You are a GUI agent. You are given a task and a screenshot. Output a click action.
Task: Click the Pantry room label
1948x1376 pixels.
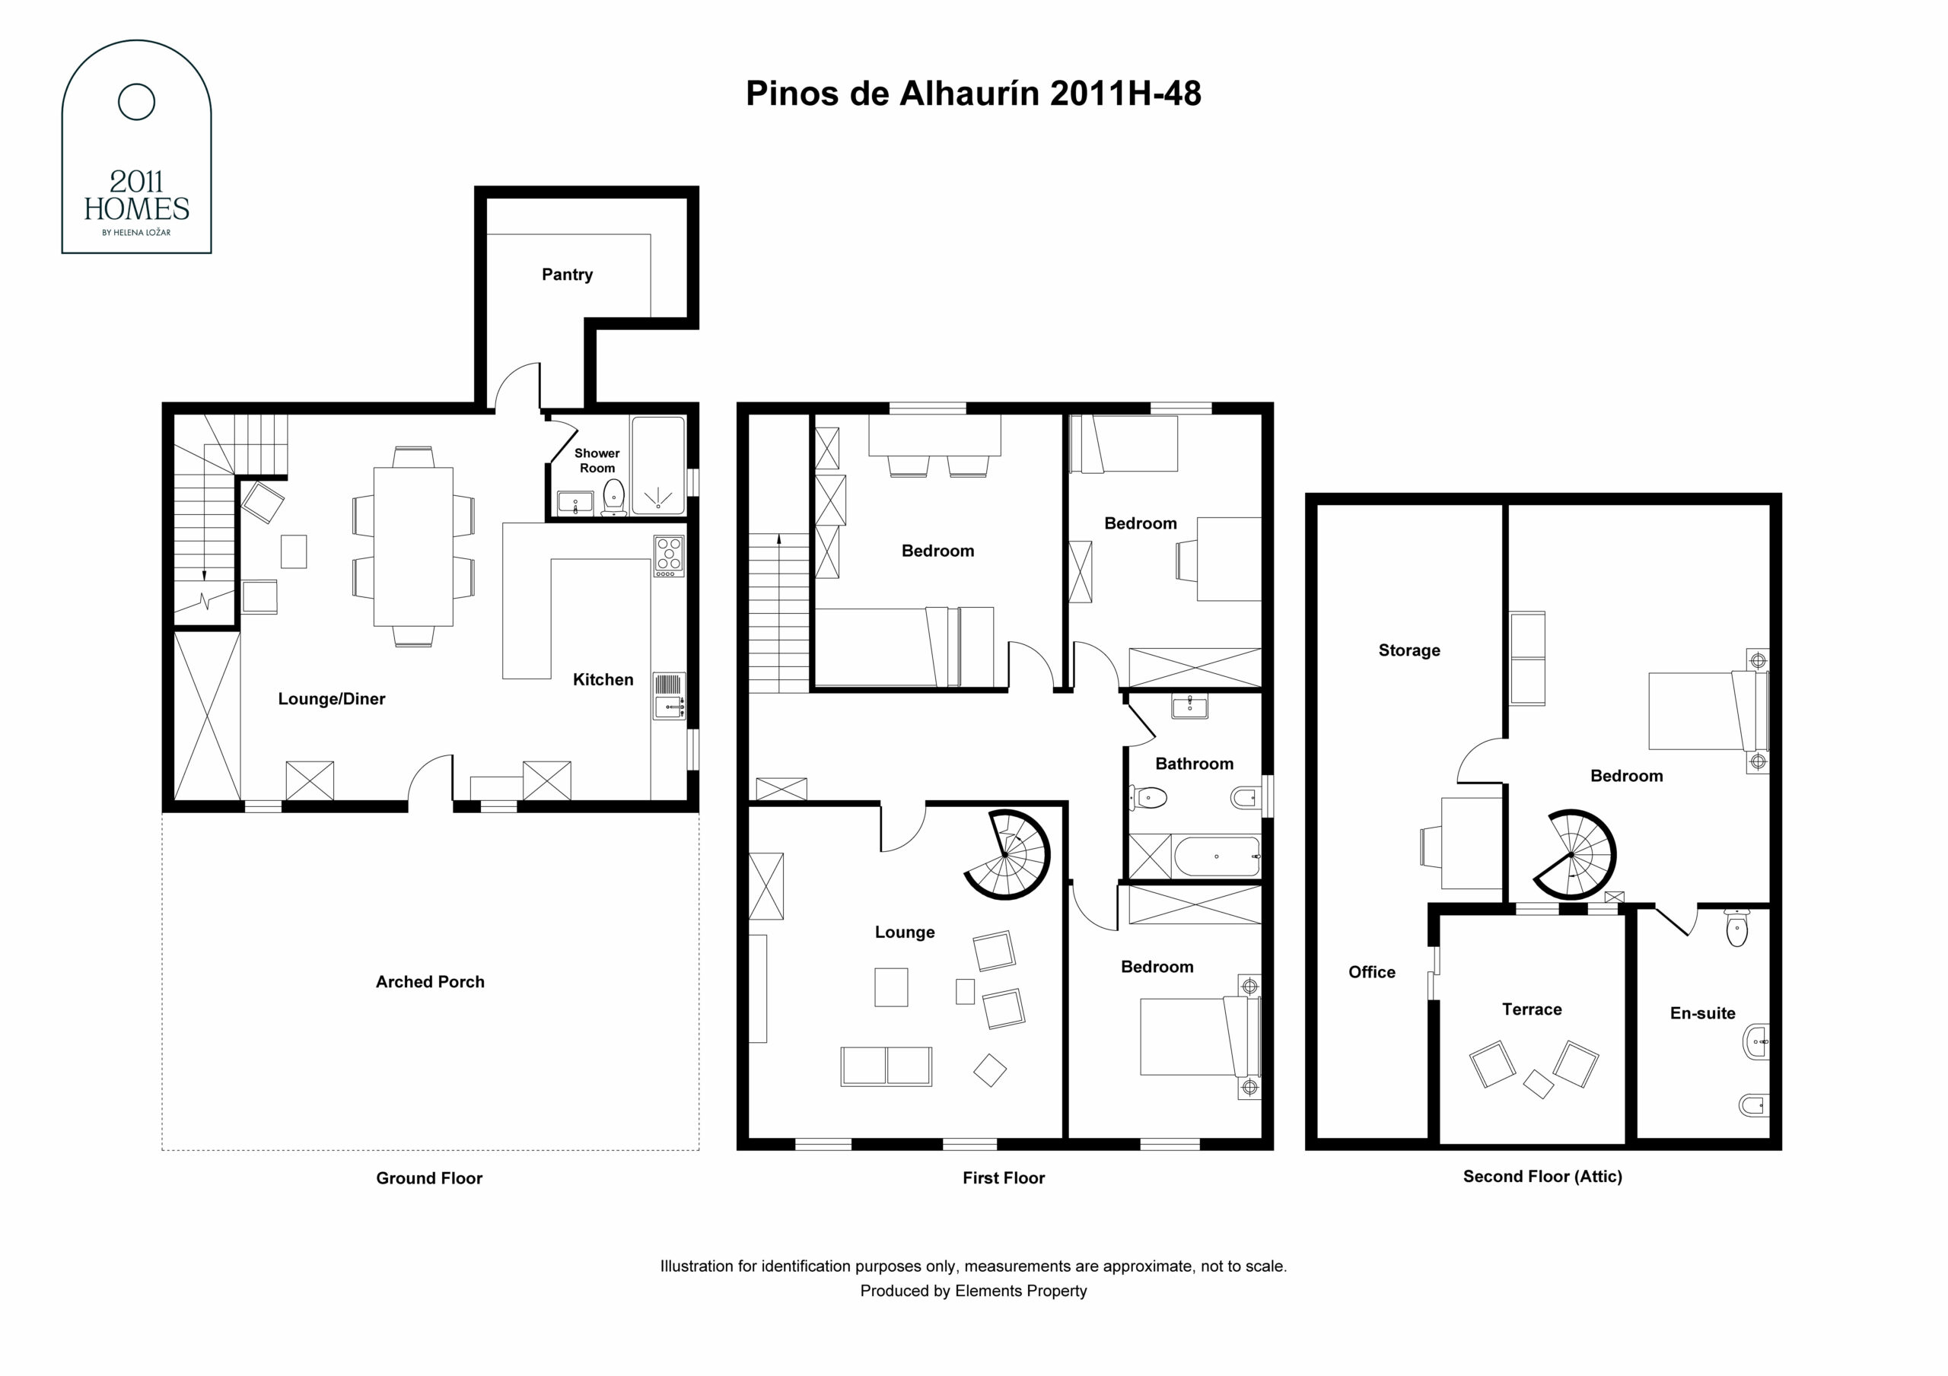coord(567,275)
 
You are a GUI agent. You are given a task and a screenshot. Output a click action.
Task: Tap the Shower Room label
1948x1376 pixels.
coord(597,461)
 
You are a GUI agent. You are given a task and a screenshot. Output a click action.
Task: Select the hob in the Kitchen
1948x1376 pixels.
coord(669,557)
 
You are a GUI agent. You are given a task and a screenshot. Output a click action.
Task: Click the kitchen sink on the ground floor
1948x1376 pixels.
coord(669,697)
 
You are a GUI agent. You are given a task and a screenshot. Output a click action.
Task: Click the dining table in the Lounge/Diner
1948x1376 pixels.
coord(413,546)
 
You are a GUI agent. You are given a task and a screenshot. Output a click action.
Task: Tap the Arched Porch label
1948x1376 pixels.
coord(430,981)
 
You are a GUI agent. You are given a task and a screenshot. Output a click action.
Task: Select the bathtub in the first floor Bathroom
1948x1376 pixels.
coord(1217,856)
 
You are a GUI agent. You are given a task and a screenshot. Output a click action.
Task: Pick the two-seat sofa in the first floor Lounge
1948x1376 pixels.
coord(886,1066)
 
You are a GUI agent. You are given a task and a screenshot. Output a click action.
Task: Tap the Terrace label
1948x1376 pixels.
coord(1532,1009)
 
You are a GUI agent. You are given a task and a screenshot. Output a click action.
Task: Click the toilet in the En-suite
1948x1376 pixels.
coord(1736,928)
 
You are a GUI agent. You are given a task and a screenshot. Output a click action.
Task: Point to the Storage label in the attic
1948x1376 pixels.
coord(1409,650)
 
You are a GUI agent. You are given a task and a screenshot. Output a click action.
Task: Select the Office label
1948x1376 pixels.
coord(1372,972)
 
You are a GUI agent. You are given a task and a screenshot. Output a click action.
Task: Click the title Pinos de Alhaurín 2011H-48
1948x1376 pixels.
coord(973,94)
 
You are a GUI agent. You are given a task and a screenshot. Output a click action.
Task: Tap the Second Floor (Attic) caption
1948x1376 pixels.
coord(1542,1177)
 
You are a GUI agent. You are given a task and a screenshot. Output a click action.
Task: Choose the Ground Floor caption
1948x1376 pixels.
coord(429,1178)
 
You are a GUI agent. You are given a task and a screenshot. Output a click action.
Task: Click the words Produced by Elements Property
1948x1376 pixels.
coord(973,1291)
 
